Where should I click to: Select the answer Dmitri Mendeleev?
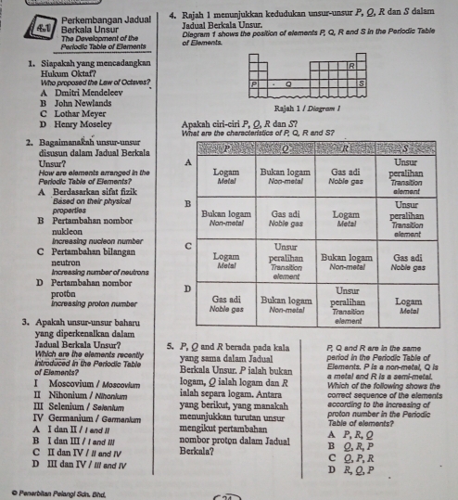coord(64,94)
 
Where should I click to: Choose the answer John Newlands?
coord(58,104)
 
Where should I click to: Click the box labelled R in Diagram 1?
coord(350,66)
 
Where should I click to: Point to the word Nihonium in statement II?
coord(55,396)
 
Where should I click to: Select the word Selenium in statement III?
coord(55,408)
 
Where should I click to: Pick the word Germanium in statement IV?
coord(58,420)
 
